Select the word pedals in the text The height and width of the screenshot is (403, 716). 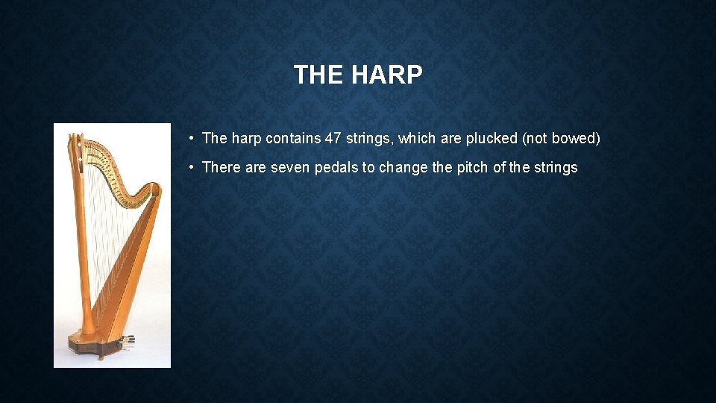coord(336,167)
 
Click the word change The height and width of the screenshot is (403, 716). coord(403,167)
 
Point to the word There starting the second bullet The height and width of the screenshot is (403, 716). coord(222,167)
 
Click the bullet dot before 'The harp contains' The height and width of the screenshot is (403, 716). coord(192,138)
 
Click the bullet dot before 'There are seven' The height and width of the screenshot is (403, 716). coord(192,167)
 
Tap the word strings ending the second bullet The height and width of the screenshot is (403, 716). coord(556,167)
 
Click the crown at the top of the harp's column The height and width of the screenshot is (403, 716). coord(75,142)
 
